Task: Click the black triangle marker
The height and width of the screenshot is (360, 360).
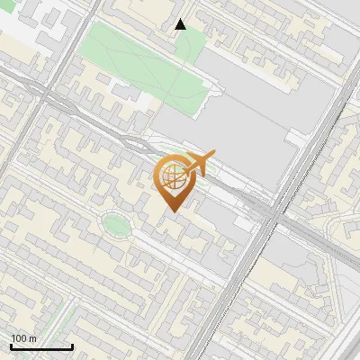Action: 181,24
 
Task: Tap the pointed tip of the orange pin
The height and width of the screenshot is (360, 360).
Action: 172,211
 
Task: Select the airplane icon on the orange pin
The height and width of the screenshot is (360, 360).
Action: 197,165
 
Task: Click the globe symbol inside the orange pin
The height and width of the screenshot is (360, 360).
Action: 173,177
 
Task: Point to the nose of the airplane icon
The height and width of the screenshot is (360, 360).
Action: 214,155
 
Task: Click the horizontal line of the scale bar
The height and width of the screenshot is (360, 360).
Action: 41,346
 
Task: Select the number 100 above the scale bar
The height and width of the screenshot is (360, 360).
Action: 18,338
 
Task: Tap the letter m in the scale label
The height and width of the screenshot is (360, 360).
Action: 33,338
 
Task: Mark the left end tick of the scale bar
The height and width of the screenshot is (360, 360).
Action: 11,345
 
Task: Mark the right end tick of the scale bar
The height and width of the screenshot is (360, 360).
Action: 72,345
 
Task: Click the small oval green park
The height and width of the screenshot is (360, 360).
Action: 114,224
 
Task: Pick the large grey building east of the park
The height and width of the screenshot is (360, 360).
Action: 243,117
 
